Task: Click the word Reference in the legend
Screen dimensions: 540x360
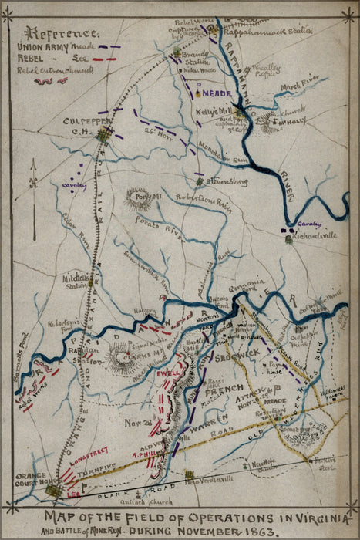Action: coord(62,34)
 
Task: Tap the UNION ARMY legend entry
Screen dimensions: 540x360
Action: coord(46,48)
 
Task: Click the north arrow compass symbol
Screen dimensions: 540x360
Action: coord(35,183)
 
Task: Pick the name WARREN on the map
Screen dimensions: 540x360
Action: coord(205,422)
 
